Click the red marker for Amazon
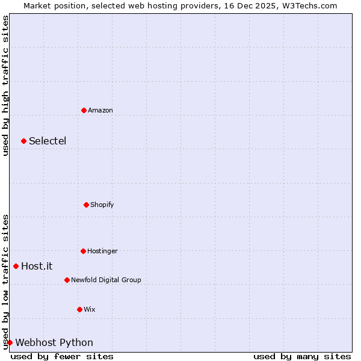84,110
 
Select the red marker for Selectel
23,141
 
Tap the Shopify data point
86,205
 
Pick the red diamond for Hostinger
83,251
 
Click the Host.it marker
16,266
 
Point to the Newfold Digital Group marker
67,280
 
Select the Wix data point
79,309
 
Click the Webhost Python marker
10,342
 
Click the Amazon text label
100,110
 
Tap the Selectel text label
48,141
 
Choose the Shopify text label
102,205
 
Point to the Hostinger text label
102,251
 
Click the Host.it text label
37,266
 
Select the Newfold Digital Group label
106,280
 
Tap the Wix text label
90,309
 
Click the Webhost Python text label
54,343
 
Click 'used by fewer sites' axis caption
62,356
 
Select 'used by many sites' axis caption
302,356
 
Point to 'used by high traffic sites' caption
5,85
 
